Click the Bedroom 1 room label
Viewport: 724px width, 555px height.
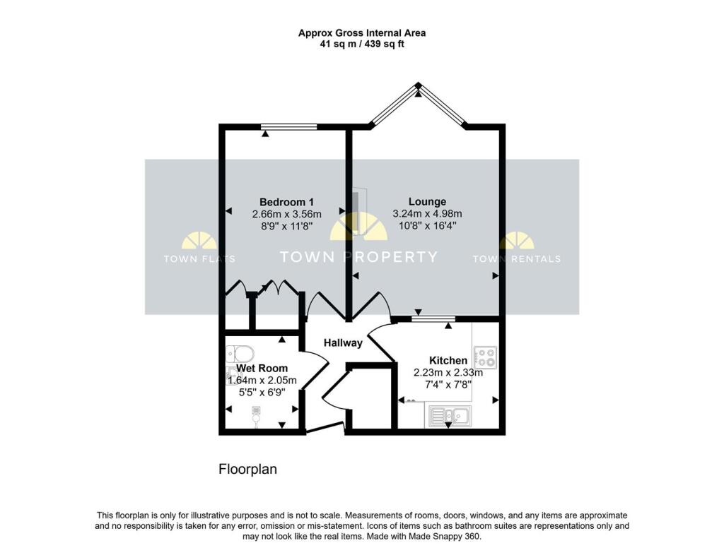[286, 202]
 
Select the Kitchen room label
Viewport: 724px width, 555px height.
[448, 360]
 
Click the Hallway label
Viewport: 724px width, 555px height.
[343, 343]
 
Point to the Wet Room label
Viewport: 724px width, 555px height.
[262, 369]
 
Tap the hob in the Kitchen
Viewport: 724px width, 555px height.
[484, 357]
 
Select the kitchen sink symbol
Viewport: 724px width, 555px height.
[447, 416]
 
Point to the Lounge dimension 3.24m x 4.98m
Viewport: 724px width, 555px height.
[427, 214]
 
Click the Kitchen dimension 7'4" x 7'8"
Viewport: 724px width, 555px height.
[448, 384]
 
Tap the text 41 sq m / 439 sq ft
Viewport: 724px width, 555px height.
[361, 44]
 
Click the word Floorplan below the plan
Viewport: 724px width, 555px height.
[247, 469]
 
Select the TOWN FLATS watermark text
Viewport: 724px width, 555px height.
[199, 259]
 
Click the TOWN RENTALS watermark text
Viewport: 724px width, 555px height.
[516, 259]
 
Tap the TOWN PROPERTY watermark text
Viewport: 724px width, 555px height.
[358, 257]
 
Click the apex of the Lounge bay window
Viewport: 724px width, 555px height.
[419, 85]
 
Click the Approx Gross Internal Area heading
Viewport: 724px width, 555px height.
[361, 32]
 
